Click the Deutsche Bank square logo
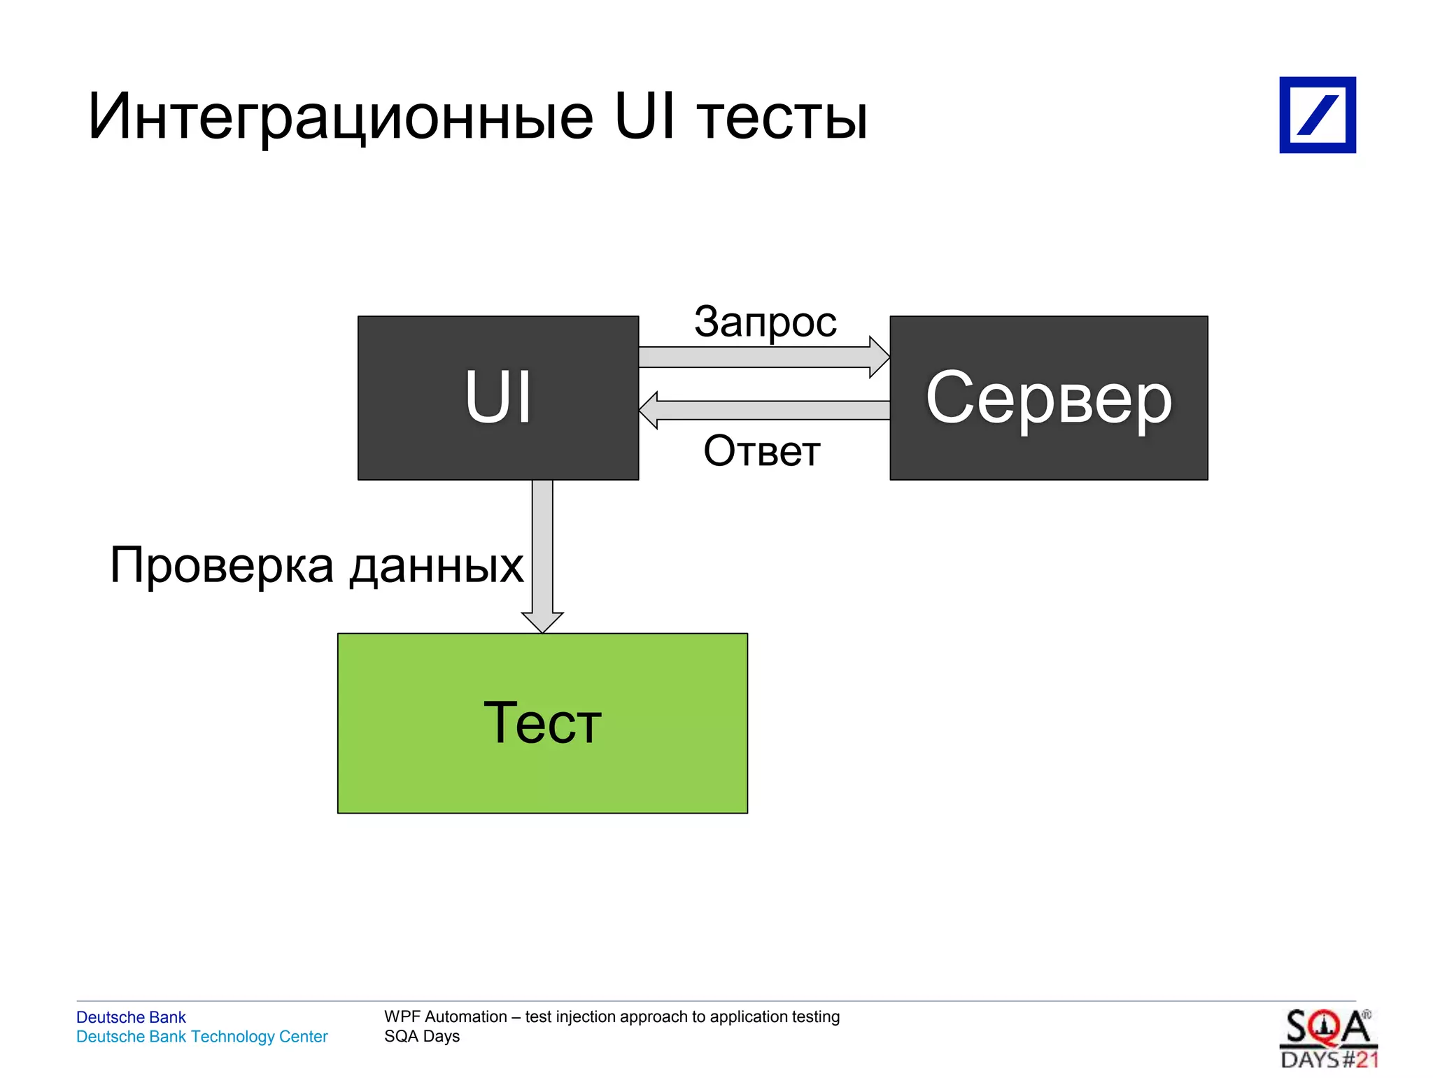[x=1317, y=115]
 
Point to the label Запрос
[x=765, y=322]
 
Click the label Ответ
[x=761, y=451]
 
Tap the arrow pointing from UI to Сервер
[x=763, y=357]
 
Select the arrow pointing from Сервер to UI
[x=763, y=410]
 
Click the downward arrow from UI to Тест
[x=542, y=553]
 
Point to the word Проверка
[x=222, y=565]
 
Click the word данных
[x=437, y=565]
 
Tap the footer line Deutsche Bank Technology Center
[x=202, y=1036]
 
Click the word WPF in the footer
[x=402, y=1016]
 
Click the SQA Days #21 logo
[x=1328, y=1038]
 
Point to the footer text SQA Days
[x=422, y=1036]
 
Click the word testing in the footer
[x=816, y=1016]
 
